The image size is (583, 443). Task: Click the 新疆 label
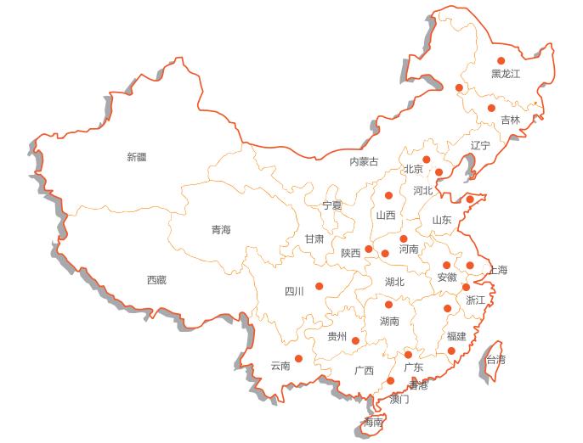pyautogui.click(x=136, y=156)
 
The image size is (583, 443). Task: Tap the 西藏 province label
pyautogui.click(x=156, y=280)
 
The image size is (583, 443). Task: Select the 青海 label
pyautogui.click(x=221, y=230)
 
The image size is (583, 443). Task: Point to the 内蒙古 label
pyautogui.click(x=364, y=162)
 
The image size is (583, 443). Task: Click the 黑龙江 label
pyautogui.click(x=506, y=75)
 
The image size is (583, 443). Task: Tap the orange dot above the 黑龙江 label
pyautogui.click(x=501, y=60)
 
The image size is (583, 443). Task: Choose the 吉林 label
pyautogui.click(x=510, y=121)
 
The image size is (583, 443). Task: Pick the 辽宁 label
pyautogui.click(x=480, y=146)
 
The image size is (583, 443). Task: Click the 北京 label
pyautogui.click(x=413, y=170)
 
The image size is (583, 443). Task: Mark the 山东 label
pyautogui.click(x=442, y=221)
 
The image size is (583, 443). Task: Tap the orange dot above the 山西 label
pyautogui.click(x=388, y=196)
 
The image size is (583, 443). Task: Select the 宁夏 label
pyautogui.click(x=332, y=205)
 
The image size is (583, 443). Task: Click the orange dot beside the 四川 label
pyautogui.click(x=320, y=286)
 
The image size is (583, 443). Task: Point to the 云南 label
pyautogui.click(x=280, y=367)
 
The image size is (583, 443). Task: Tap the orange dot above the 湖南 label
pyautogui.click(x=388, y=305)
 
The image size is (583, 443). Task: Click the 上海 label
pyautogui.click(x=497, y=271)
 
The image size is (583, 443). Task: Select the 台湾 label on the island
pyautogui.click(x=495, y=360)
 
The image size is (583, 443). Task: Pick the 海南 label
pyautogui.click(x=373, y=423)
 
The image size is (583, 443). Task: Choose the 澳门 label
pyautogui.click(x=399, y=399)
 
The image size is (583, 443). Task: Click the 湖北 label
pyautogui.click(x=394, y=282)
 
